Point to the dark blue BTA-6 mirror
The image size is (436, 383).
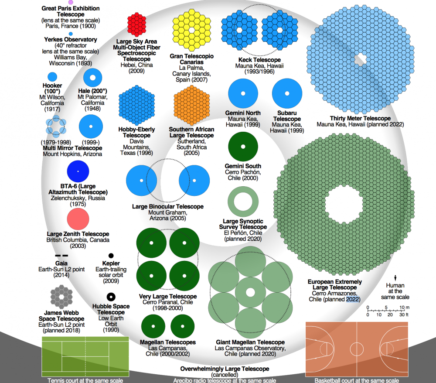tap(78, 171)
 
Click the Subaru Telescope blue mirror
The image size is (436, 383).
tap(287, 94)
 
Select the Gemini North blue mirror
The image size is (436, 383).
tap(243, 94)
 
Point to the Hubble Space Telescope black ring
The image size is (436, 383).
tap(111, 297)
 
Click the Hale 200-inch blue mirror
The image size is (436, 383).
tap(92, 79)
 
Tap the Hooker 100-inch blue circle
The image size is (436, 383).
tap(52, 77)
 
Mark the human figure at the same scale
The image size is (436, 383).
tap(395, 277)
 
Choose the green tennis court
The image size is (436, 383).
tap(85, 356)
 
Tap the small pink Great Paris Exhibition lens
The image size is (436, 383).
tap(71, 2)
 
